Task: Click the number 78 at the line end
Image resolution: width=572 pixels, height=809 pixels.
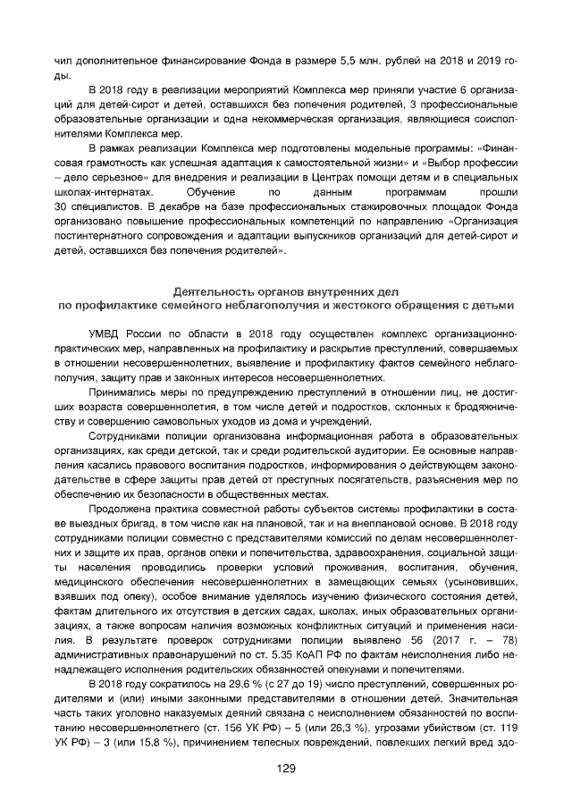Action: point(509,641)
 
